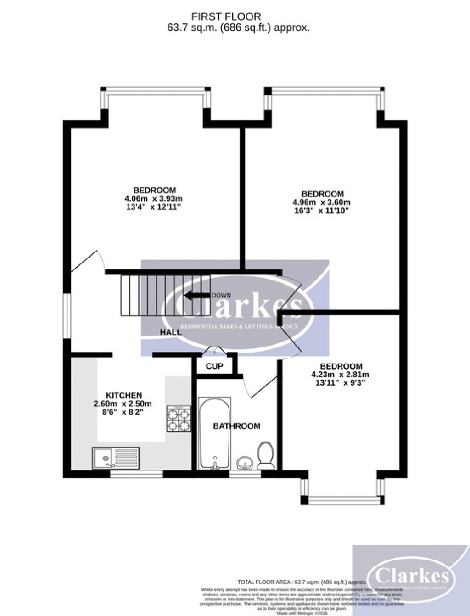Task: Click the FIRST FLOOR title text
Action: click(226, 17)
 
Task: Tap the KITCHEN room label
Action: click(124, 395)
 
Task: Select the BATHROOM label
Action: click(236, 426)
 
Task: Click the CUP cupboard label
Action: click(214, 366)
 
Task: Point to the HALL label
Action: click(171, 332)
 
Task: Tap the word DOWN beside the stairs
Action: click(221, 295)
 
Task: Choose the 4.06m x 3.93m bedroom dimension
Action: click(154, 199)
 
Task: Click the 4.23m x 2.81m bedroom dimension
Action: click(340, 375)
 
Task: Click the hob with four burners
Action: click(179, 419)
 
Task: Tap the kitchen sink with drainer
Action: click(116, 458)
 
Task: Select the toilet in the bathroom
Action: click(265, 455)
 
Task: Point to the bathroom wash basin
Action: click(243, 463)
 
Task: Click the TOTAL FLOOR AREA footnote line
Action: click(302, 582)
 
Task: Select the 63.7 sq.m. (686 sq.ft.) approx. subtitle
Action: click(238, 28)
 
